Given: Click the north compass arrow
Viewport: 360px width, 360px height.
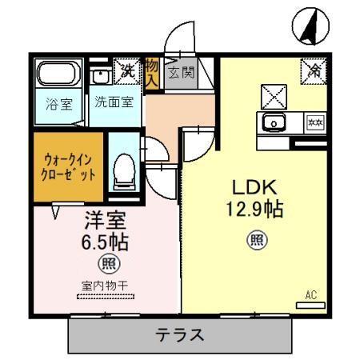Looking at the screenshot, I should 310,26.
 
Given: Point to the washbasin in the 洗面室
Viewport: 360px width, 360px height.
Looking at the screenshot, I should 101,77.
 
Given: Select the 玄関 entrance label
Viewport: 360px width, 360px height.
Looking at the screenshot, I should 181,74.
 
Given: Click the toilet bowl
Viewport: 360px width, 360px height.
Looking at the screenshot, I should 123,170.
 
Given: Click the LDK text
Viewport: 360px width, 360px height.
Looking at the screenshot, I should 254,189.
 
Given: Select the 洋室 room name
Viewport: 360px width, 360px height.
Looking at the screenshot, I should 104,218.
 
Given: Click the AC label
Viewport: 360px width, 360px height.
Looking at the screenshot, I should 311,295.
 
